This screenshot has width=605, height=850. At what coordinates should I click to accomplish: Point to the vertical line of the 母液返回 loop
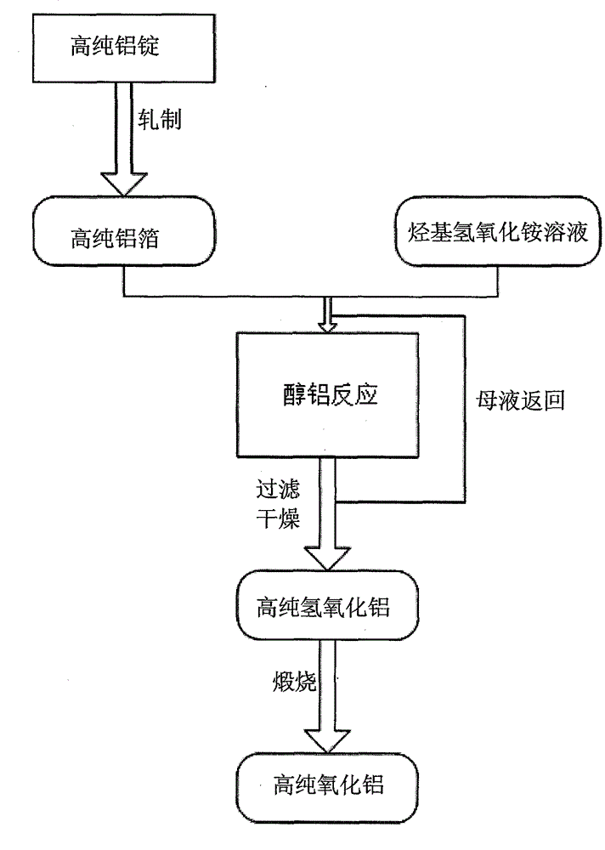coord(465,408)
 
